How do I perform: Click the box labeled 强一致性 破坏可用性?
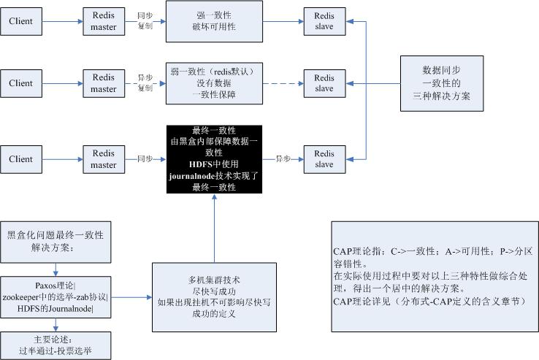tap(214, 21)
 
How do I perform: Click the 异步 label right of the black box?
tap(283, 158)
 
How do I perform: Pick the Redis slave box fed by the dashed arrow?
tap(324, 83)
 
